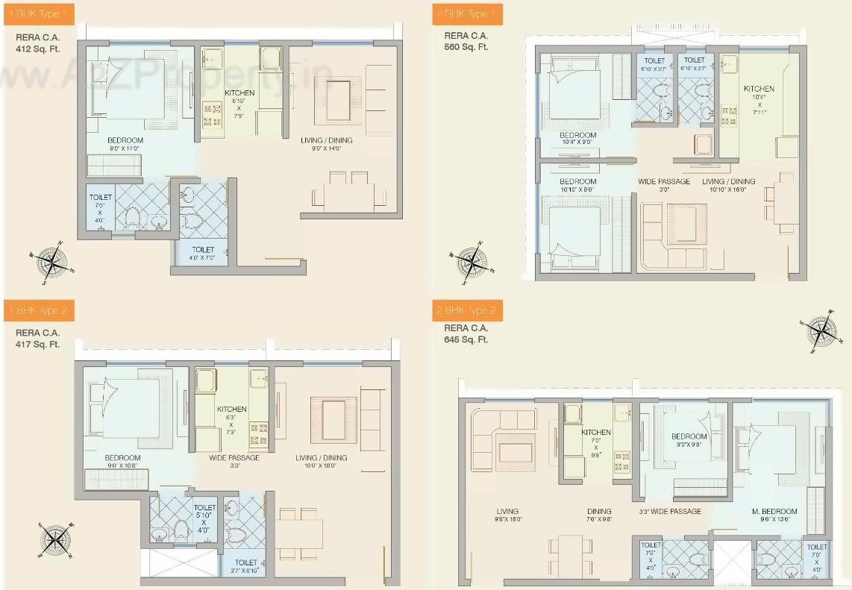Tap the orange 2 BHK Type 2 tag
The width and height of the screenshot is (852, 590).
click(x=467, y=310)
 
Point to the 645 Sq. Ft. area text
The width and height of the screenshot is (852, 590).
click(x=466, y=339)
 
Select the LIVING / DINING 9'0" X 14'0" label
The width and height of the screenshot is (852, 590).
click(x=327, y=145)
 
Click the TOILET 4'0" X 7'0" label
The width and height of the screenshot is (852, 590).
click(x=203, y=254)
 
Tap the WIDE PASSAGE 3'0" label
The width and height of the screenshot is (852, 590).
click(x=663, y=185)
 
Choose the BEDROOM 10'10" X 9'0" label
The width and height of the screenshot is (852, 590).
click(x=578, y=185)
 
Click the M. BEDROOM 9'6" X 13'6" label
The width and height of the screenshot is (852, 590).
click(x=774, y=515)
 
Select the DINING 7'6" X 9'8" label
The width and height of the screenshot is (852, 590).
click(x=598, y=515)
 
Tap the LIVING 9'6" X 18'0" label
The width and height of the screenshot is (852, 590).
click(x=507, y=515)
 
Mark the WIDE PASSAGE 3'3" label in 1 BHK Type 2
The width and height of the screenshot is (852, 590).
click(x=234, y=462)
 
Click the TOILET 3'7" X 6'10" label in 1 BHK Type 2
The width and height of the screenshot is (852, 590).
click(x=245, y=566)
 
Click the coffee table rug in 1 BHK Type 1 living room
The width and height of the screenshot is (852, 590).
click(x=337, y=101)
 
